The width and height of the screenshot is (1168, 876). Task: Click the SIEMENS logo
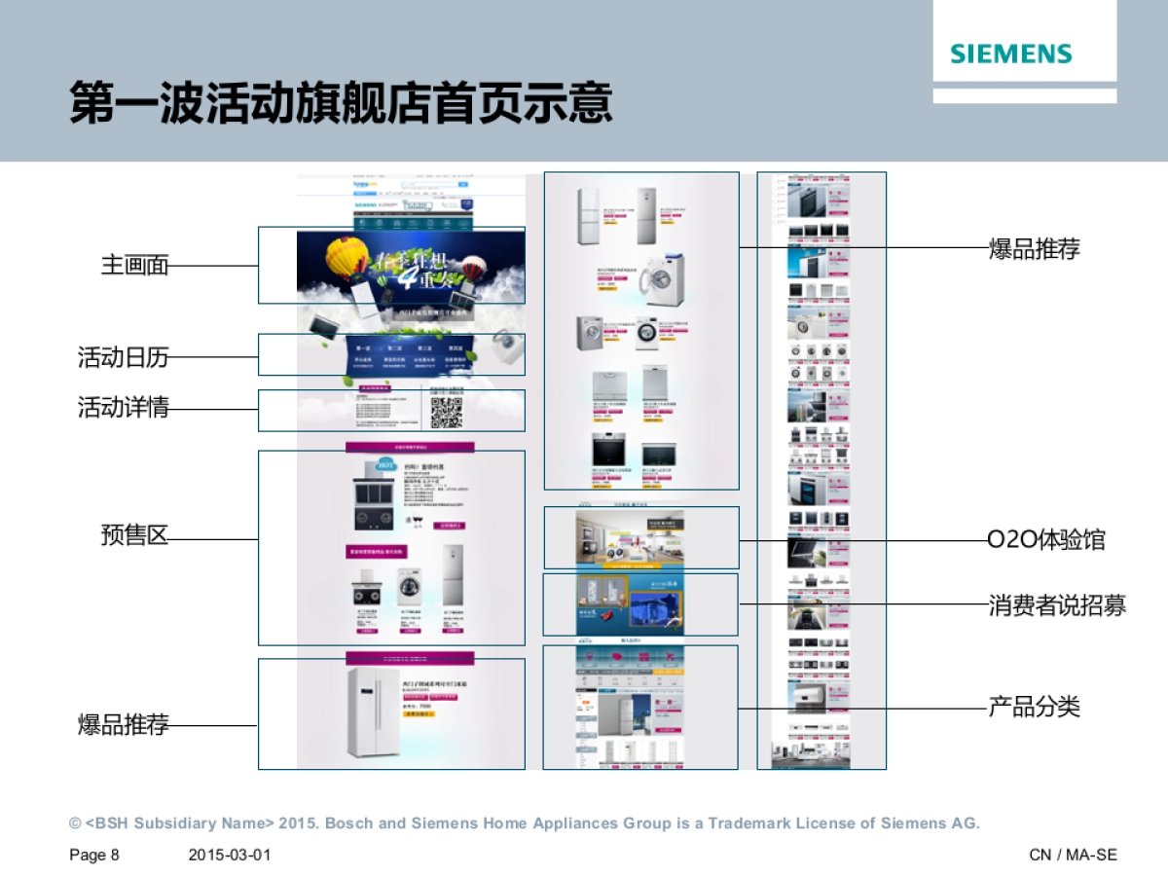1011,54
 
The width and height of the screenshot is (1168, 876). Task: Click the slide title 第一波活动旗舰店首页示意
341,103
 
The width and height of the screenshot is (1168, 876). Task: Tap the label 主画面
134,265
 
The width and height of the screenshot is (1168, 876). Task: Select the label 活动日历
123,357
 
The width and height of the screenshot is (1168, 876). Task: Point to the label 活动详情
123,407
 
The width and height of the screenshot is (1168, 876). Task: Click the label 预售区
134,534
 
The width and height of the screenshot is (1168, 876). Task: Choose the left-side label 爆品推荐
123,724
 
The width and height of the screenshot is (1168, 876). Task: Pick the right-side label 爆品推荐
1034,249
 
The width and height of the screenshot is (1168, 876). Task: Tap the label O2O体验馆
1046,539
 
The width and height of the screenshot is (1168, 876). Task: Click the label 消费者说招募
1057,605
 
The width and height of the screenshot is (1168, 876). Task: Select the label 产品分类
1034,707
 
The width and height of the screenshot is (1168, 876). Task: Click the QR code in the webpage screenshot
446,413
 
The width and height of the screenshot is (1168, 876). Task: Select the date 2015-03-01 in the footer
229,855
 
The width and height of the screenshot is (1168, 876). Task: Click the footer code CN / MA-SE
1073,855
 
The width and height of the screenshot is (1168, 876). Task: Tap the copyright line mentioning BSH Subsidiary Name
524,823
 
